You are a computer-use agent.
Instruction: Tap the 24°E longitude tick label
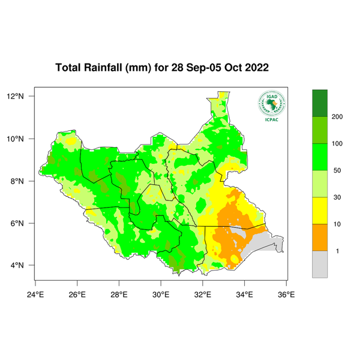click(x=35, y=294)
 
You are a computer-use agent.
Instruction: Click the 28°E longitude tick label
click(x=119, y=294)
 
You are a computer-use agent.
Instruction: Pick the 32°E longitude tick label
click(x=202, y=294)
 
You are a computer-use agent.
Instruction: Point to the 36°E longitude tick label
click(x=286, y=294)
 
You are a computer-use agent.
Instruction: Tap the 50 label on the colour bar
click(x=337, y=170)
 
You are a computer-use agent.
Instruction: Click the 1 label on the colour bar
click(x=337, y=251)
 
